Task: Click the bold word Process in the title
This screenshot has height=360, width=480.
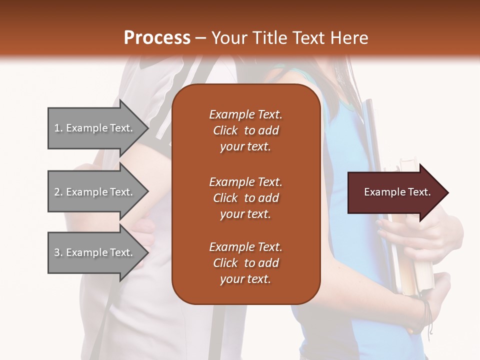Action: coord(157,38)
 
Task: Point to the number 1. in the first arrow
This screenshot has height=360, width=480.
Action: coord(58,128)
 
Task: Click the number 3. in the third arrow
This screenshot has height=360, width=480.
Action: coord(58,253)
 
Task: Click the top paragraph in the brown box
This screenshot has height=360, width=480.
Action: coord(245,130)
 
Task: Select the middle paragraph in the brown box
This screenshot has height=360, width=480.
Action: coord(245,198)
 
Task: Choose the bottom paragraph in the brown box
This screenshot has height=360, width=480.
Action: coord(245,263)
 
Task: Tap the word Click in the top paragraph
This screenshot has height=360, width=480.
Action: coord(225,131)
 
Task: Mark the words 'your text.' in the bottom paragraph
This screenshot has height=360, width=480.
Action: coord(245,279)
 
